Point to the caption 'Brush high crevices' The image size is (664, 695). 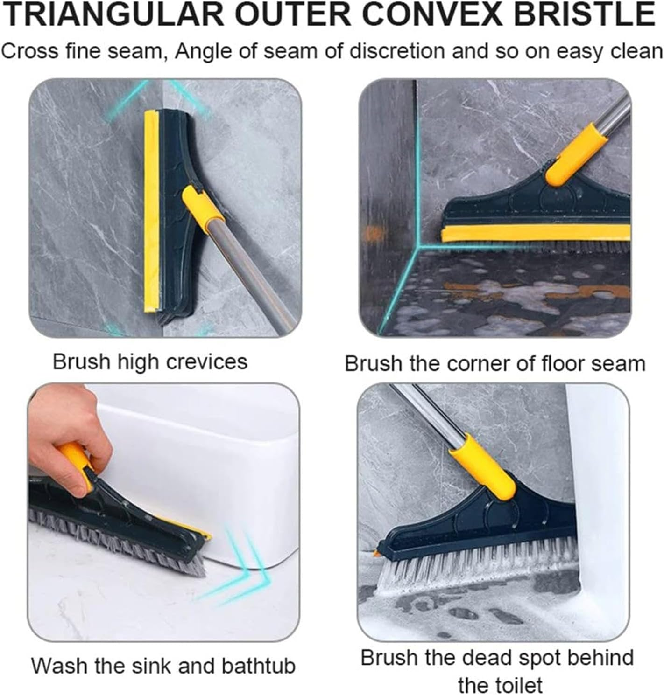(x=149, y=361)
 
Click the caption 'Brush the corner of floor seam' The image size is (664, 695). (x=495, y=363)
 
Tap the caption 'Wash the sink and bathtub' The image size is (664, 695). (x=163, y=666)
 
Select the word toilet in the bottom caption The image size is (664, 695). (x=500, y=685)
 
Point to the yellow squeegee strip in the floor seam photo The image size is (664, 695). (x=532, y=233)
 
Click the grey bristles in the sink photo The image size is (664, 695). (x=117, y=541)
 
